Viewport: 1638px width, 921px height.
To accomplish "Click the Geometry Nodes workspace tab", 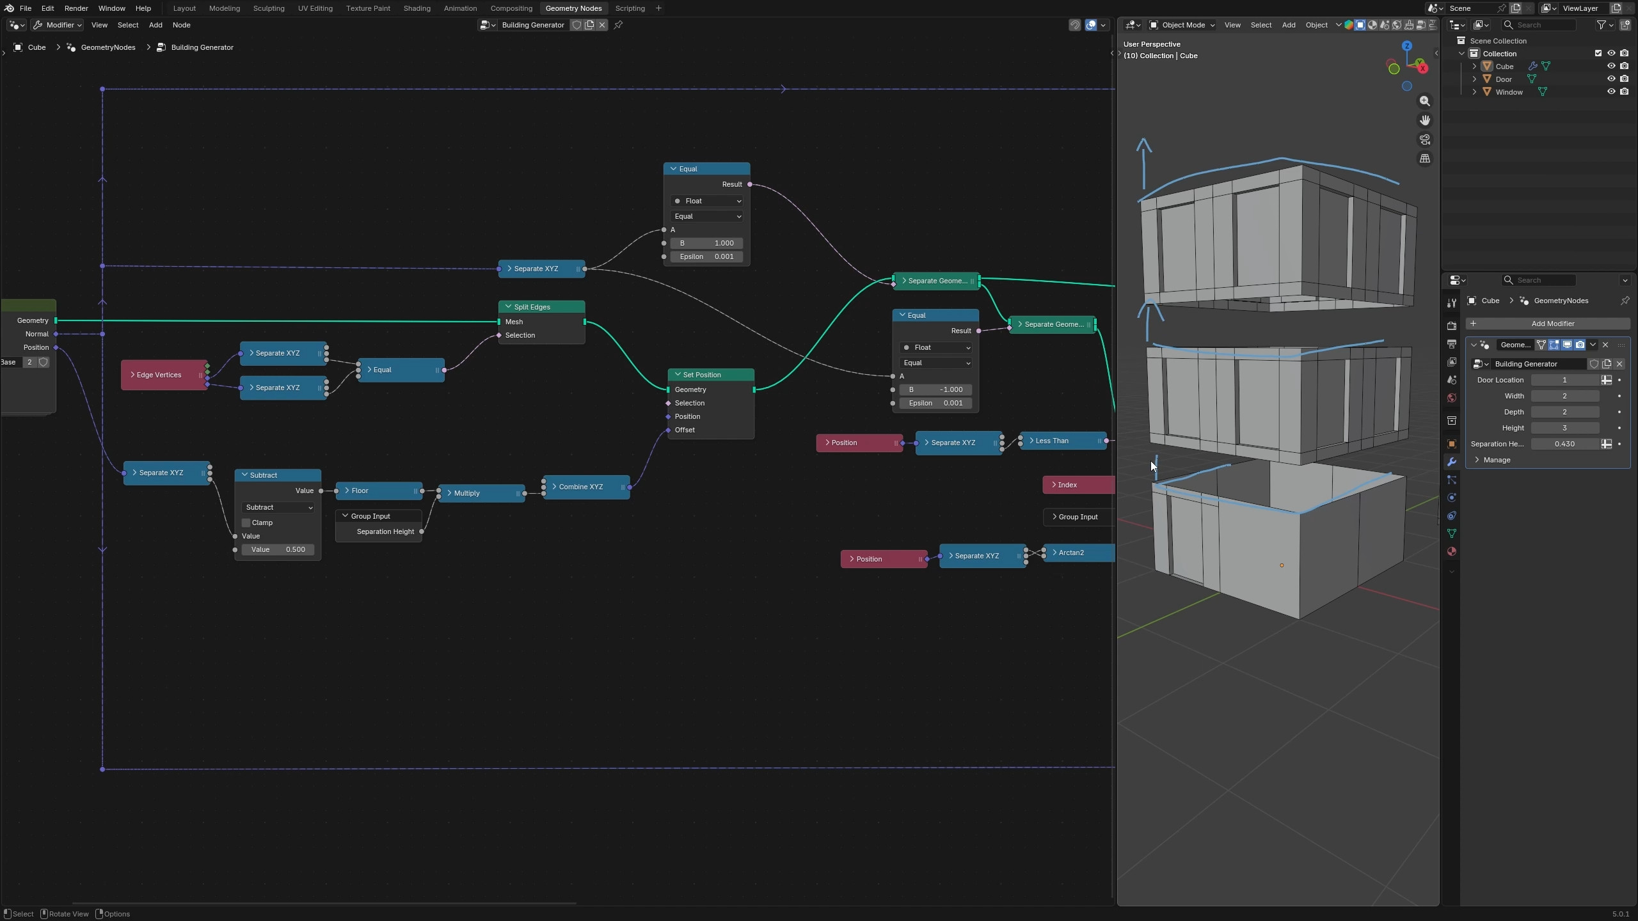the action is (x=573, y=8).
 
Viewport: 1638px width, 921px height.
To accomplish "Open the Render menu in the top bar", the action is (x=76, y=8).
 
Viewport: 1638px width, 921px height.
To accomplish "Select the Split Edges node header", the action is (x=541, y=307).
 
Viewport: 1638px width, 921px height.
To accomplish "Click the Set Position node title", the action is (x=702, y=375).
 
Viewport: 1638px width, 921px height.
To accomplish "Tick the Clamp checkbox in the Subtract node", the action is (x=246, y=523).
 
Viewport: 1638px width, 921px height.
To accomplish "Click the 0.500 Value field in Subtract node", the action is (x=278, y=549).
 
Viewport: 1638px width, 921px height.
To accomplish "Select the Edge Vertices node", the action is (x=164, y=375).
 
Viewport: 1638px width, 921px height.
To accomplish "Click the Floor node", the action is (x=379, y=491).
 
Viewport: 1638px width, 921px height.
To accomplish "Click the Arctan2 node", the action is (x=1079, y=553).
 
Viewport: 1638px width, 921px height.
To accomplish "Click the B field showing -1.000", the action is (x=935, y=390).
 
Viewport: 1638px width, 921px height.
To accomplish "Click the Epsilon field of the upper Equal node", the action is (x=706, y=256).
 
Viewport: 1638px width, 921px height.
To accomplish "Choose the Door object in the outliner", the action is (x=1504, y=79).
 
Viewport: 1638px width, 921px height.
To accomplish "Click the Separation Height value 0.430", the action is (x=1565, y=444).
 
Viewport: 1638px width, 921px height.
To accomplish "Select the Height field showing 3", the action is (x=1565, y=428).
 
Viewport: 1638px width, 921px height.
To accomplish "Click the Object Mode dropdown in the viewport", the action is (x=1182, y=25).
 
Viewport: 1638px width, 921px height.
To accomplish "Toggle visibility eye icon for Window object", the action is (x=1611, y=92).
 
